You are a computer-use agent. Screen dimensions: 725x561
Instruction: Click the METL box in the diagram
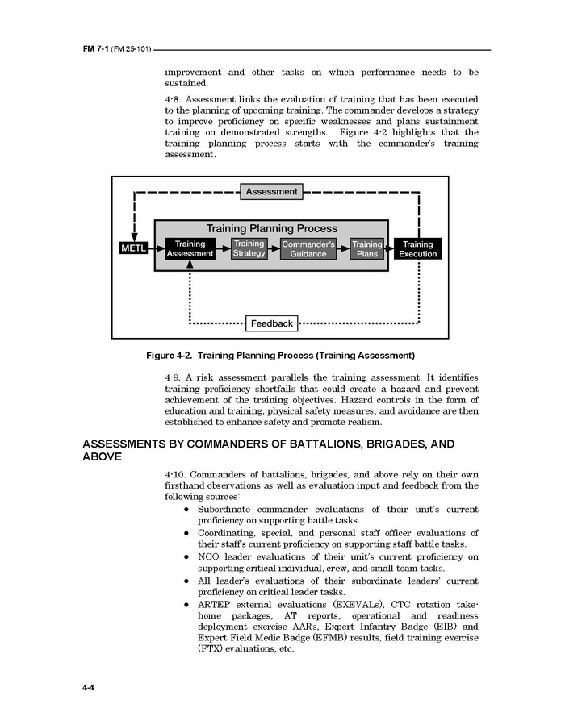(133, 248)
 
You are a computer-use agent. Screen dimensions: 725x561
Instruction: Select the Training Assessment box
(190, 248)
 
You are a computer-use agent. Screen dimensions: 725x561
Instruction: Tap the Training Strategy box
(249, 248)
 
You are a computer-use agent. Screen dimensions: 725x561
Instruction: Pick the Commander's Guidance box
(308, 248)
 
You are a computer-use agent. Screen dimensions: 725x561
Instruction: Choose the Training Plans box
(367, 248)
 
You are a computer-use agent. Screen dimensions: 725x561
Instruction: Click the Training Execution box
(417, 248)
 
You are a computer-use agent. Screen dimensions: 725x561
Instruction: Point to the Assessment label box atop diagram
(272, 192)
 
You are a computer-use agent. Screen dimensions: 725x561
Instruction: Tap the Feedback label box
(272, 323)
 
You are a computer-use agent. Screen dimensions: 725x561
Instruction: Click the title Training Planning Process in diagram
(272, 229)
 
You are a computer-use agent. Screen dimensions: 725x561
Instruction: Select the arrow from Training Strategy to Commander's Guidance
(274, 248)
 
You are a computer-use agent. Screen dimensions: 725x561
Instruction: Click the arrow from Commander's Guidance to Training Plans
(343, 248)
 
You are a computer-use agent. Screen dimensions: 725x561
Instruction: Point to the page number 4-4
(90, 687)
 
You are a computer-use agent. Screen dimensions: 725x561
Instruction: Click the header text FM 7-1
(95, 50)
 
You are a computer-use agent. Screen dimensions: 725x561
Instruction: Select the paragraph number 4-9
(173, 377)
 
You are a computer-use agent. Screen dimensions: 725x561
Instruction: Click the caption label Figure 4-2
(168, 355)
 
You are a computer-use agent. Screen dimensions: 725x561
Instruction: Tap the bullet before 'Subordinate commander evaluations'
(186, 510)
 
